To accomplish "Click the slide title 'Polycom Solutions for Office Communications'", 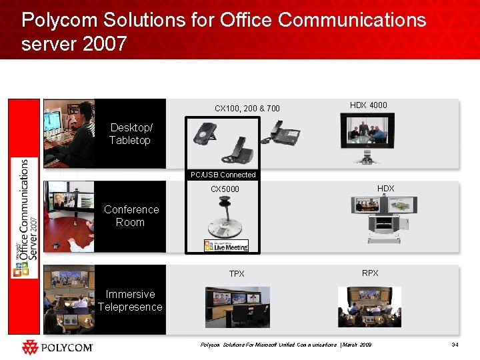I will point(223,20).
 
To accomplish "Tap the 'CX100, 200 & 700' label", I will point(247,109).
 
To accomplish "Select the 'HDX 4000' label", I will point(368,105).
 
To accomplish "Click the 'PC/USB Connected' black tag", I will point(223,175).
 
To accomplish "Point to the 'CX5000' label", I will point(225,189).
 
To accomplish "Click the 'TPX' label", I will point(237,274).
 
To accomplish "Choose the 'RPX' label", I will point(370,273).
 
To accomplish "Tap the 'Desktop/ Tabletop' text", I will point(130,134).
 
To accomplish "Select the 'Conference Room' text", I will point(131,216).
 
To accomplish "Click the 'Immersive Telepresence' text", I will point(130,301).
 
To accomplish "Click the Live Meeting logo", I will point(226,246).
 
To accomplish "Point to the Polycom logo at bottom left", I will point(57,347).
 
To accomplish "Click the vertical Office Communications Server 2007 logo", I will point(23,217).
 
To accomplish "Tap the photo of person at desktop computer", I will point(69,133).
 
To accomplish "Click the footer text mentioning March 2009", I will point(286,345).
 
